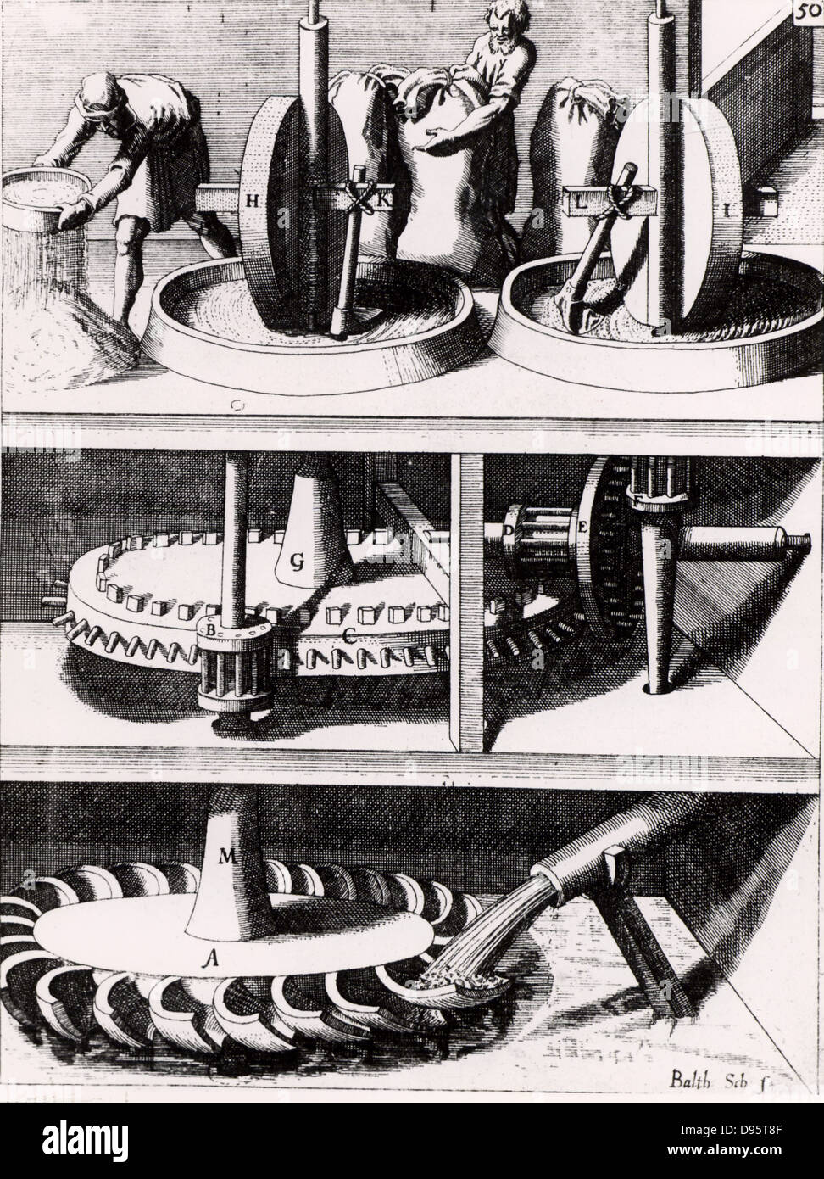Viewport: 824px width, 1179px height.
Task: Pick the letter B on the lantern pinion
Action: (x=203, y=629)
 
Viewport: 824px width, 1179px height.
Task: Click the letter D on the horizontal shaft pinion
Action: (x=509, y=528)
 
